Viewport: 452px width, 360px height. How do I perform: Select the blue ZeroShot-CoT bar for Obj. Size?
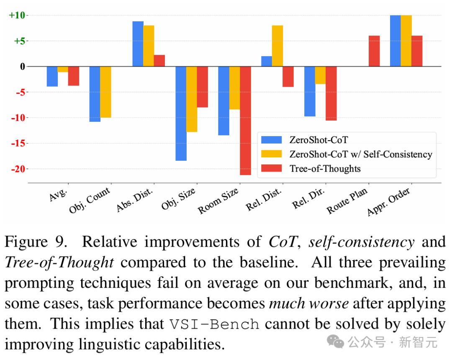click(181, 113)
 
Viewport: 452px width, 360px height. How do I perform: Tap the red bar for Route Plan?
click(374, 51)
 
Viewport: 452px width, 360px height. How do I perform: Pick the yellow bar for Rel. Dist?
click(277, 46)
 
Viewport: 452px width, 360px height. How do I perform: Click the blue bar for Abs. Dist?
click(138, 44)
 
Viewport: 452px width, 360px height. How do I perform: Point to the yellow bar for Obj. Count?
click(105, 92)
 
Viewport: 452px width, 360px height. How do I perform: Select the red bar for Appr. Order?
click(417, 51)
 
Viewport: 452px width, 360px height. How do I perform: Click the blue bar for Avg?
click(52, 77)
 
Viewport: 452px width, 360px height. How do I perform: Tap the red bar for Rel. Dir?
click(331, 93)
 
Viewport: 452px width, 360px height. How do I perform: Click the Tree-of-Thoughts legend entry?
click(325, 168)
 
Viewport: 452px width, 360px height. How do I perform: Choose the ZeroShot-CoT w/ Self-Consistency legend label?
click(360, 154)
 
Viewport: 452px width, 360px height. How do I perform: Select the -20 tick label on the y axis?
click(18, 169)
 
